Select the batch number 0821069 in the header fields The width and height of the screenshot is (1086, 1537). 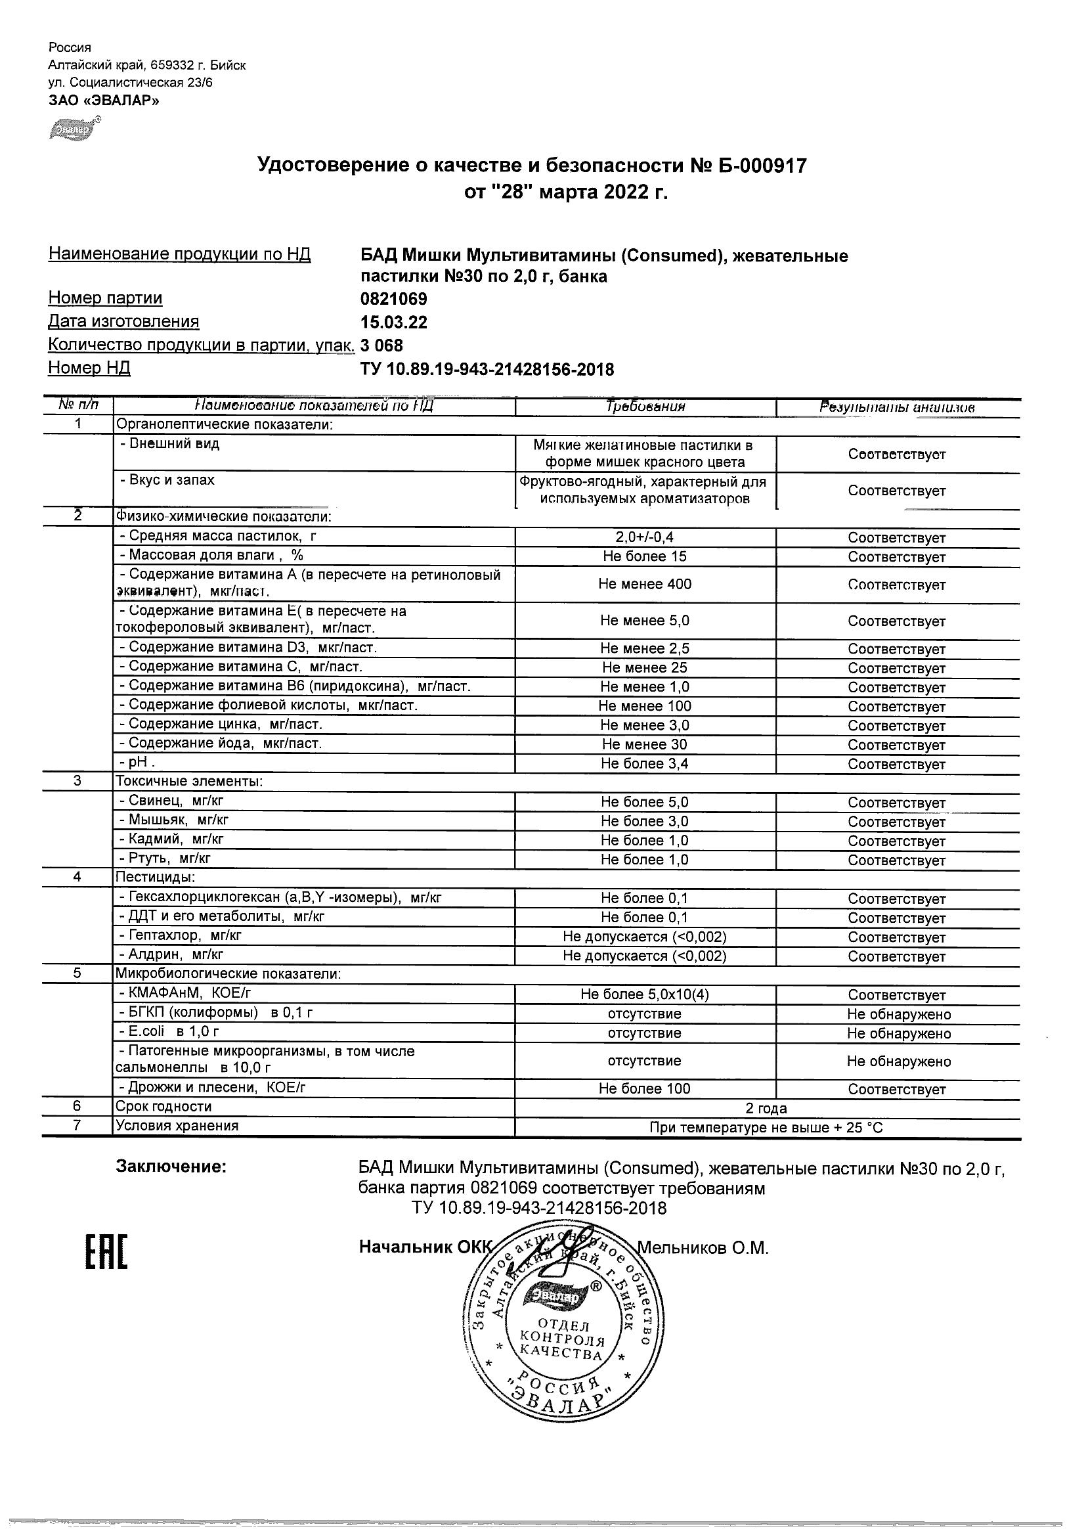(x=393, y=299)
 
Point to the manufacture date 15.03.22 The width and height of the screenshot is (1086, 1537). (x=393, y=322)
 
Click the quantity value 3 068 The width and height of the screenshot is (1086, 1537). (x=381, y=345)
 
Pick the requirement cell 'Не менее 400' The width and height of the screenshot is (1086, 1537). (x=644, y=584)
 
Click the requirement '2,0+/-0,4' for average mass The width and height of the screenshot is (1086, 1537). (x=644, y=537)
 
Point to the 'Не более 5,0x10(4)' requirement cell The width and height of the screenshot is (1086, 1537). (x=644, y=994)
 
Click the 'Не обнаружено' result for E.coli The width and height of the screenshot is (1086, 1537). (x=898, y=1033)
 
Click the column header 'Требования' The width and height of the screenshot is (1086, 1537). (x=645, y=407)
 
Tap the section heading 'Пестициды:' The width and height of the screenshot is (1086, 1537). (x=155, y=877)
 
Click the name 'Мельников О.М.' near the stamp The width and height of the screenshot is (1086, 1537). (x=702, y=1247)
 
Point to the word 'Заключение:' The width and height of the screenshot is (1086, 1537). (x=171, y=1167)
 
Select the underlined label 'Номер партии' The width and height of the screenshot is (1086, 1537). (x=105, y=298)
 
